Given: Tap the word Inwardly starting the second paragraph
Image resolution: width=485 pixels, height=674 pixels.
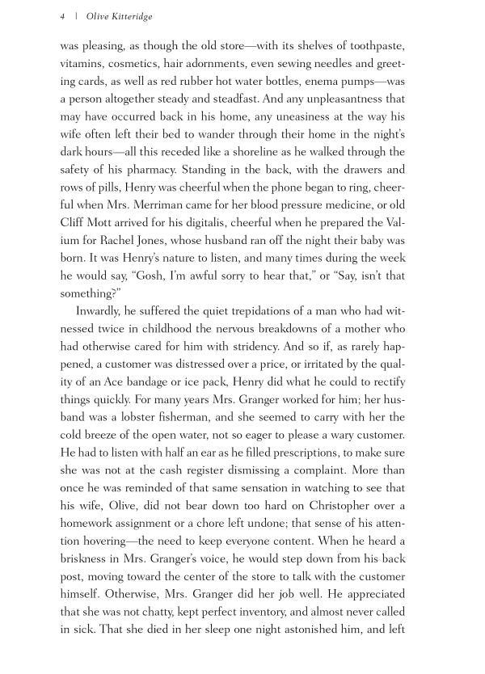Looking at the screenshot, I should pos(100,312).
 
